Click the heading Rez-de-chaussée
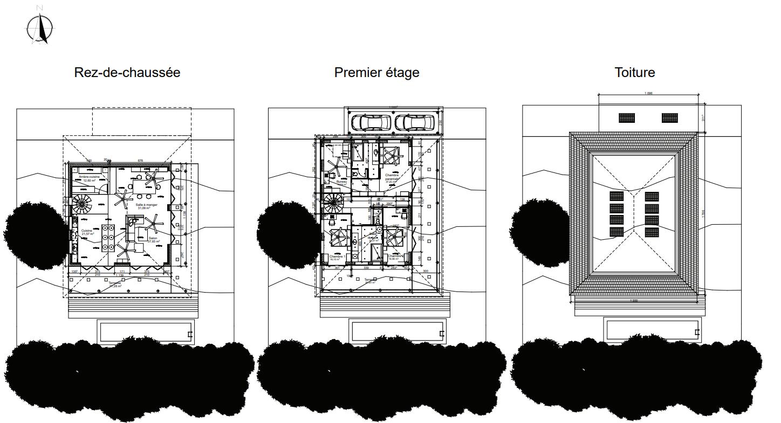coord(127,72)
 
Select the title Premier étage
coord(376,72)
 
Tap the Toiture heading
coord(635,72)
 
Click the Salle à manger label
coord(147,205)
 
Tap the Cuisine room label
coord(87,232)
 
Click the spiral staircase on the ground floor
coord(83,204)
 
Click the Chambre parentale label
coord(392,178)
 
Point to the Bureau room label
coord(342,182)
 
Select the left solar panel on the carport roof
coord(626,117)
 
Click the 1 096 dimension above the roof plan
coord(648,93)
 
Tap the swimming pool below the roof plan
coord(653,330)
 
